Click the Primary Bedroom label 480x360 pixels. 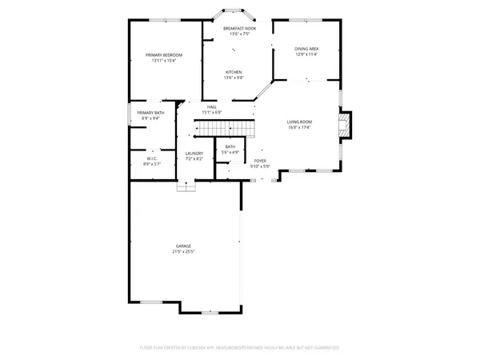point(164,54)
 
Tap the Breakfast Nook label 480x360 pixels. point(239,29)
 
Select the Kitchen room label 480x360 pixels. point(233,72)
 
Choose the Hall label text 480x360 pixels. point(212,106)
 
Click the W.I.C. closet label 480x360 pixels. point(151,157)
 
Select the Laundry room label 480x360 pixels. point(194,154)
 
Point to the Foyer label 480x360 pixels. point(260,161)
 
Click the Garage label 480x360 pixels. point(184,246)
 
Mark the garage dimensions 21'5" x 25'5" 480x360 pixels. point(184,251)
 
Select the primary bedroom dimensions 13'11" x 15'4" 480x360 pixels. point(164,60)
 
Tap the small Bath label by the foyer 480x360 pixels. point(230,147)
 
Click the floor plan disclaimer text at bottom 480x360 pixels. point(240,348)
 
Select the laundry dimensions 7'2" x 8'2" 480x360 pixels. point(194,159)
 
